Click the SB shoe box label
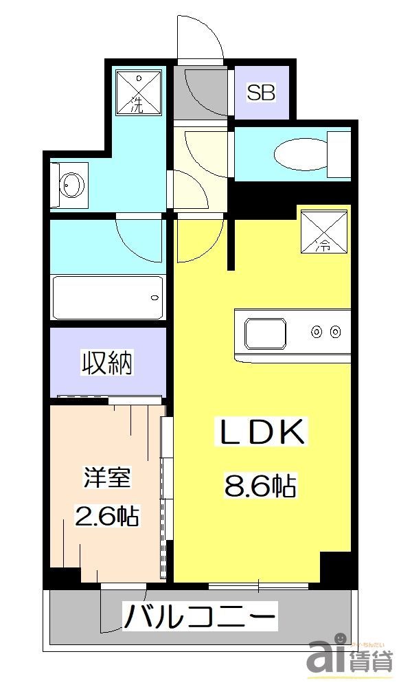261,93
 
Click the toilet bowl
299,153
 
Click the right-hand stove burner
335,333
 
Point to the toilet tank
339,153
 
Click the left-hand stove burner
317,333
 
